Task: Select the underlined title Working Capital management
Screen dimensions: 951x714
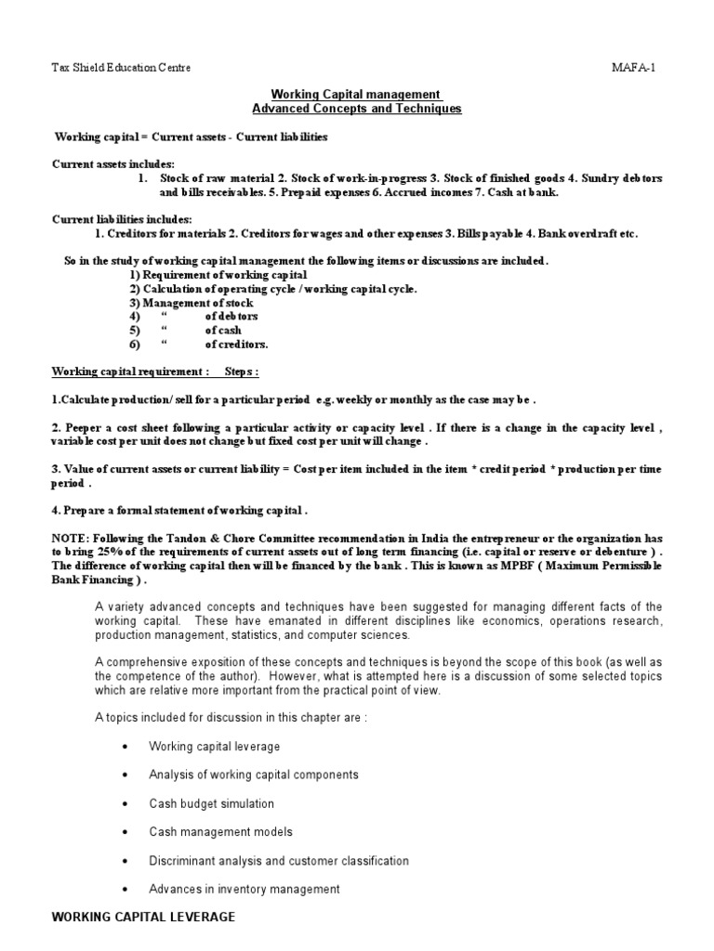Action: (x=356, y=95)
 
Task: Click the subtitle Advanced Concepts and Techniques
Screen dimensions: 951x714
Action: (x=356, y=109)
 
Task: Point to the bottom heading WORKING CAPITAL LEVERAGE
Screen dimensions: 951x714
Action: (x=143, y=917)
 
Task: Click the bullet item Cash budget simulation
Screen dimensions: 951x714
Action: (x=211, y=803)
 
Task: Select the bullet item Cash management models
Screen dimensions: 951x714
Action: (x=220, y=832)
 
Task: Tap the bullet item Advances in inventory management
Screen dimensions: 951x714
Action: (x=244, y=889)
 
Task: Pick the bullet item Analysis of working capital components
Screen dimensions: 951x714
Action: (x=253, y=775)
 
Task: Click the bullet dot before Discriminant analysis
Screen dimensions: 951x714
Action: (x=126, y=861)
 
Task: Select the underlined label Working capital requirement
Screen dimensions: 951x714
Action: (x=130, y=371)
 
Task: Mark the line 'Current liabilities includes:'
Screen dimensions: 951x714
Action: (x=122, y=219)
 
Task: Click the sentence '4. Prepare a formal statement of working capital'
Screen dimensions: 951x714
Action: (x=178, y=509)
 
